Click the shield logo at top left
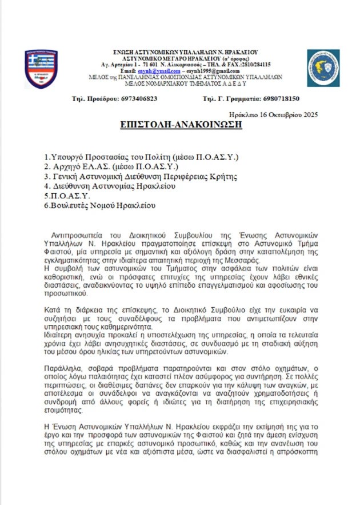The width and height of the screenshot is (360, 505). coord(41,69)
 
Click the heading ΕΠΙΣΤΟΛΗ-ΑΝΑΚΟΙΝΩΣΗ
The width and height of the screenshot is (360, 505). coord(181,125)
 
